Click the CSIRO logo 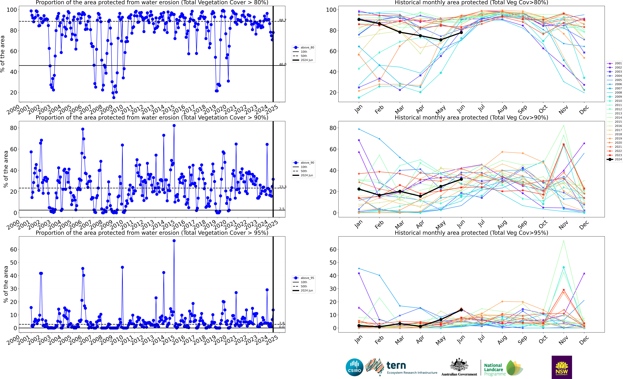coord(354,367)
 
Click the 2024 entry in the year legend coord(614,159)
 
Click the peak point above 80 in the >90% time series coord(174,126)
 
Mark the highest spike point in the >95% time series coord(174,241)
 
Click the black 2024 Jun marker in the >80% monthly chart coord(461,32)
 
